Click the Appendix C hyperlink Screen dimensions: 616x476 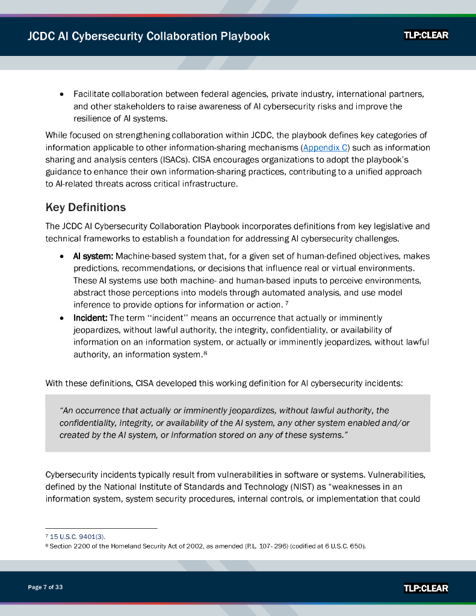[x=326, y=147]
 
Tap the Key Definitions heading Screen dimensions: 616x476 [x=85, y=208]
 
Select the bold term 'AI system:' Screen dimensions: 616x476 [x=93, y=256]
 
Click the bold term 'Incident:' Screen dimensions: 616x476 [x=90, y=318]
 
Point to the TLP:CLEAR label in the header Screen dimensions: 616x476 [x=426, y=35]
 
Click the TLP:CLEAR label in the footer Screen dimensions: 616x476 [x=426, y=588]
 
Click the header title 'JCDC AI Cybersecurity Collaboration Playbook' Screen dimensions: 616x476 [x=149, y=36]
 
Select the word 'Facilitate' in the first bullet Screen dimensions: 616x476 [x=91, y=94]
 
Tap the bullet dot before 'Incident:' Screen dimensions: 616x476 [x=63, y=318]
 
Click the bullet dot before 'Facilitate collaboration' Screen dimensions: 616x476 [x=63, y=94]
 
